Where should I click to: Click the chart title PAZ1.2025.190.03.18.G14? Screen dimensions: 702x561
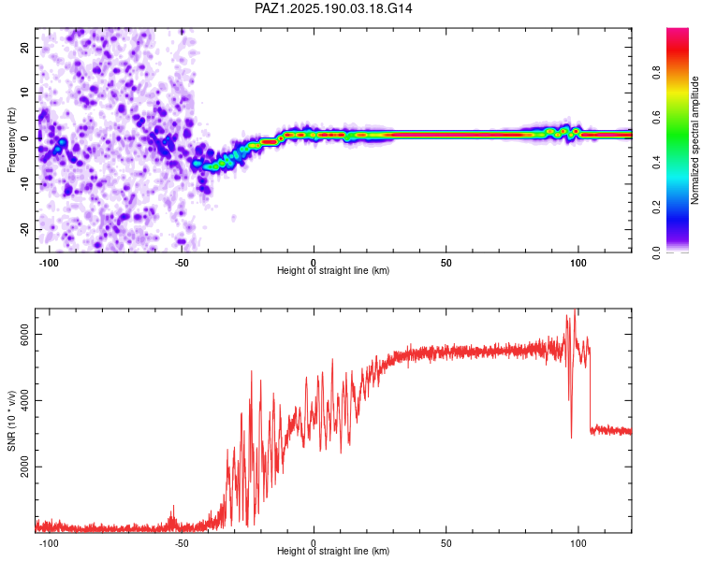point(333,8)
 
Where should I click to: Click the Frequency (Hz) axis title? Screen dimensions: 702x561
point(11,140)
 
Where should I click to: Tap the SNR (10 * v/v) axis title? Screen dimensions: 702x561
point(11,421)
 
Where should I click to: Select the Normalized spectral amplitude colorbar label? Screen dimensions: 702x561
point(695,140)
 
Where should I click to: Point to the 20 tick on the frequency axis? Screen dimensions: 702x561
point(24,47)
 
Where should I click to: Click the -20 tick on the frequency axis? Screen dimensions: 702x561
point(24,229)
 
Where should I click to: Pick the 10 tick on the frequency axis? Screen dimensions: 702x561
point(24,93)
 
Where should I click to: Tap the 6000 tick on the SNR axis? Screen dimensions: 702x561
point(24,334)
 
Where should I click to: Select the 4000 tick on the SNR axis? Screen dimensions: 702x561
point(24,400)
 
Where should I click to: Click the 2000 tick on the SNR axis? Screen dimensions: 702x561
point(24,467)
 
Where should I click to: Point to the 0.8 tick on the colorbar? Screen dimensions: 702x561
point(656,72)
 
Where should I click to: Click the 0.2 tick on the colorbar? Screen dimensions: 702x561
point(656,208)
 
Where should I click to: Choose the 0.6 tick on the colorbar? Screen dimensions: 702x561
point(656,117)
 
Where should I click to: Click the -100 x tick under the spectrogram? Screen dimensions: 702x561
point(49,263)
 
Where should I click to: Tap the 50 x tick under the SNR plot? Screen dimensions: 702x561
point(446,543)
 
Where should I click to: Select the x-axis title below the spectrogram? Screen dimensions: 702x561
point(333,270)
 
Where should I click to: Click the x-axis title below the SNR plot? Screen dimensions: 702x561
point(333,551)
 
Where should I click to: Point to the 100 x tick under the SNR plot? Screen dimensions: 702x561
point(578,543)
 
